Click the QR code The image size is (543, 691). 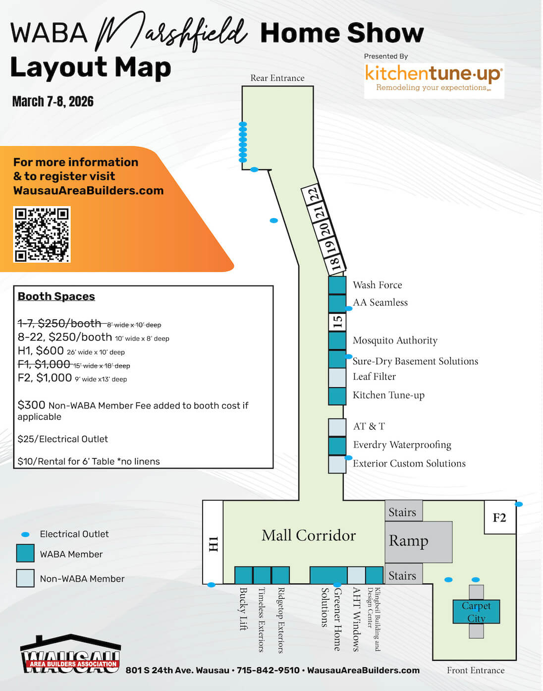42,234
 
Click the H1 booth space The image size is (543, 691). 213,542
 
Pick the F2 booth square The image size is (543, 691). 500,518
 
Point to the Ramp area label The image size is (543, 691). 409,541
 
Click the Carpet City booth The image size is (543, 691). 476,612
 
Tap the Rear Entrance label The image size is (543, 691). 277,78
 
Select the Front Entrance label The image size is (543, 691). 476,670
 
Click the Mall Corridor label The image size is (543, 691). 309,535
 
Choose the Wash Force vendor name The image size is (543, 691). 378,285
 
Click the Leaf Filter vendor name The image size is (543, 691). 374,376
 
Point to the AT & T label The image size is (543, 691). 369,426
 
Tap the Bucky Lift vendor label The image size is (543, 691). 244,609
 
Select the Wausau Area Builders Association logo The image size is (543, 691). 71,654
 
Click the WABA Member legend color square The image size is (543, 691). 25,553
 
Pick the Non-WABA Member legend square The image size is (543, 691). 25,578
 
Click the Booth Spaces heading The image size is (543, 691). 56,296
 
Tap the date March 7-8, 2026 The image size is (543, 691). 53,102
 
